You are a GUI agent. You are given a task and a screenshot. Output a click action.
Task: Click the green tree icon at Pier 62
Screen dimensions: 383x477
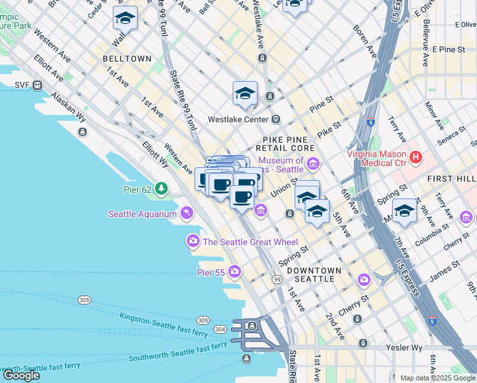coord(161,189)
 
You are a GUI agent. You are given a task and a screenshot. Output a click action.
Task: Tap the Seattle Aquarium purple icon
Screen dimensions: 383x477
coord(186,213)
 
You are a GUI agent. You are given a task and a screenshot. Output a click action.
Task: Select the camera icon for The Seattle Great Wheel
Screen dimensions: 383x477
coord(193,241)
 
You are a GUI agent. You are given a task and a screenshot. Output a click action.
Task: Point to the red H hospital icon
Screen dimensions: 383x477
coord(416,156)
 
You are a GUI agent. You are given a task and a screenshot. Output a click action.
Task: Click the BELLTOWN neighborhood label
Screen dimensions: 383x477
coord(127,59)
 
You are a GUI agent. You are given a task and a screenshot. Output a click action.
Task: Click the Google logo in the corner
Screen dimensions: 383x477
coord(21,375)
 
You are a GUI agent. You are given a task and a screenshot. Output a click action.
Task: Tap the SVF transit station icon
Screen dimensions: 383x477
coord(38,85)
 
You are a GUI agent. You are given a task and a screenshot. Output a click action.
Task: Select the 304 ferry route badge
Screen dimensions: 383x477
coord(220,329)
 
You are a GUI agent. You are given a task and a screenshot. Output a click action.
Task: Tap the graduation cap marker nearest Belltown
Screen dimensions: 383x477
coord(126,20)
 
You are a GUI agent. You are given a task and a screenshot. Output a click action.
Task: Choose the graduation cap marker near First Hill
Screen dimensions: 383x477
coord(404,211)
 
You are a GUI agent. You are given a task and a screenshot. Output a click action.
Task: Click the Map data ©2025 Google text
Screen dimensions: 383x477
coord(437,378)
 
